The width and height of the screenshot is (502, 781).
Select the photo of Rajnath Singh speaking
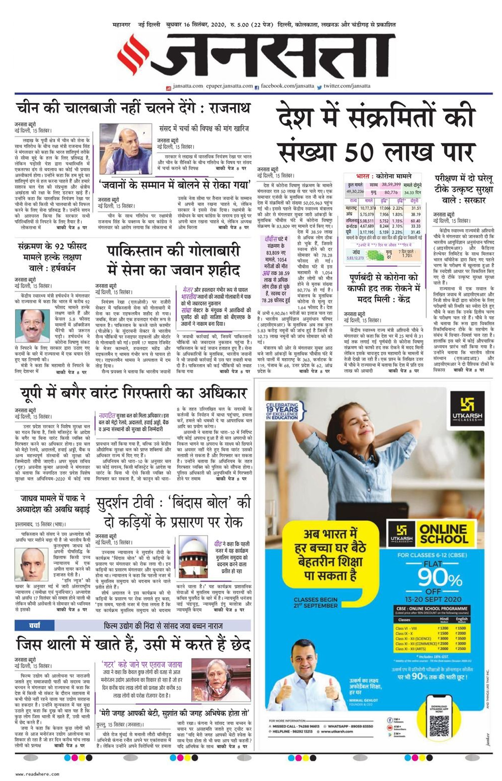click(x=125, y=149)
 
